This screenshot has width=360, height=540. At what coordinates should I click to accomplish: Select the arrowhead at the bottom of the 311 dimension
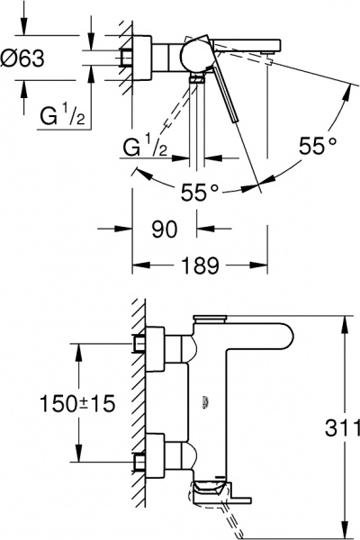pos(346,529)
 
